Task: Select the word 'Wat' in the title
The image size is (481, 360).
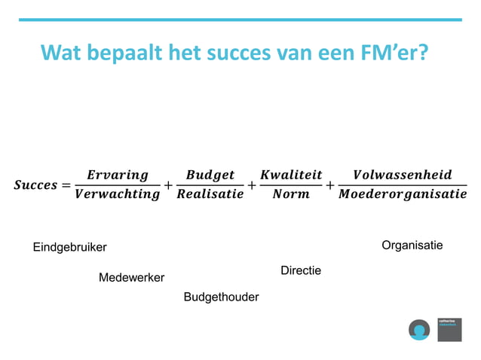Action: pyautogui.click(x=63, y=53)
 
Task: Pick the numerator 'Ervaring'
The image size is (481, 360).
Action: pyautogui.click(x=117, y=175)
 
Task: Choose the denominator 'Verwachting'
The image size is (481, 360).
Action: pyautogui.click(x=117, y=194)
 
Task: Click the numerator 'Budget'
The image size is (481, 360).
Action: pyautogui.click(x=210, y=175)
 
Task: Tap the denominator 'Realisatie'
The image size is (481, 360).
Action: pyautogui.click(x=210, y=194)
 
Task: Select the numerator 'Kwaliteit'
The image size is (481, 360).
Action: pyautogui.click(x=291, y=175)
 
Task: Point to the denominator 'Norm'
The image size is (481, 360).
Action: pyautogui.click(x=291, y=194)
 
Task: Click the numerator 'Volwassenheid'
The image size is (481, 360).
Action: pyautogui.click(x=403, y=175)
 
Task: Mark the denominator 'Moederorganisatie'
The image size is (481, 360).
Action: pyautogui.click(x=403, y=194)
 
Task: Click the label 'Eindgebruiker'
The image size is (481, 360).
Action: pyautogui.click(x=70, y=248)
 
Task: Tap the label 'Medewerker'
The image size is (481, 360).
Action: pyautogui.click(x=132, y=278)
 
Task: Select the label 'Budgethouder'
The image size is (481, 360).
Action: pyautogui.click(x=221, y=297)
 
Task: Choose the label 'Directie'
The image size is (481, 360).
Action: pyautogui.click(x=301, y=270)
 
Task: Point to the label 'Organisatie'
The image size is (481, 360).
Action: pyautogui.click(x=412, y=246)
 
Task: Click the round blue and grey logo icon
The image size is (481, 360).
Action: pyautogui.click(x=419, y=329)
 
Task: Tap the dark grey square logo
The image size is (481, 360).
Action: pyautogui.click(x=449, y=329)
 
